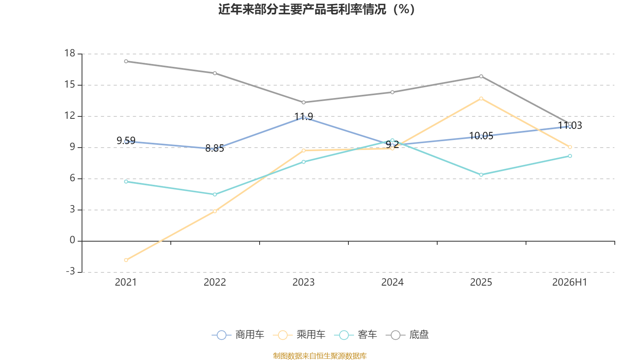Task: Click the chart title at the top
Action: [316, 10]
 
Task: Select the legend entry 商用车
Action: [238, 334]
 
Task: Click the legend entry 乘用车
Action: [299, 334]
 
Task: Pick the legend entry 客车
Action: [356, 334]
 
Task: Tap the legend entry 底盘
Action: [407, 334]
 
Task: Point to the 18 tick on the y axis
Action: [70, 53]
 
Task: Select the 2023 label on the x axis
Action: [304, 282]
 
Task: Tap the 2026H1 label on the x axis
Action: [570, 282]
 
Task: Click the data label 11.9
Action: [304, 116]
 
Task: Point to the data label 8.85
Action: [214, 148]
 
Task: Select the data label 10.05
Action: [481, 136]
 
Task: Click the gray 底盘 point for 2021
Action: [126, 62]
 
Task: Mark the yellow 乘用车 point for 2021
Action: [126, 260]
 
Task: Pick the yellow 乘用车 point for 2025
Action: [481, 98]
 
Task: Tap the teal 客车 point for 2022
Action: [215, 194]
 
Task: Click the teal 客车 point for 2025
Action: [481, 175]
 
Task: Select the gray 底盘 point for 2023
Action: [304, 102]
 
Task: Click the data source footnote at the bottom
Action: [320, 356]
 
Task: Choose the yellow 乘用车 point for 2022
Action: [215, 212]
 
